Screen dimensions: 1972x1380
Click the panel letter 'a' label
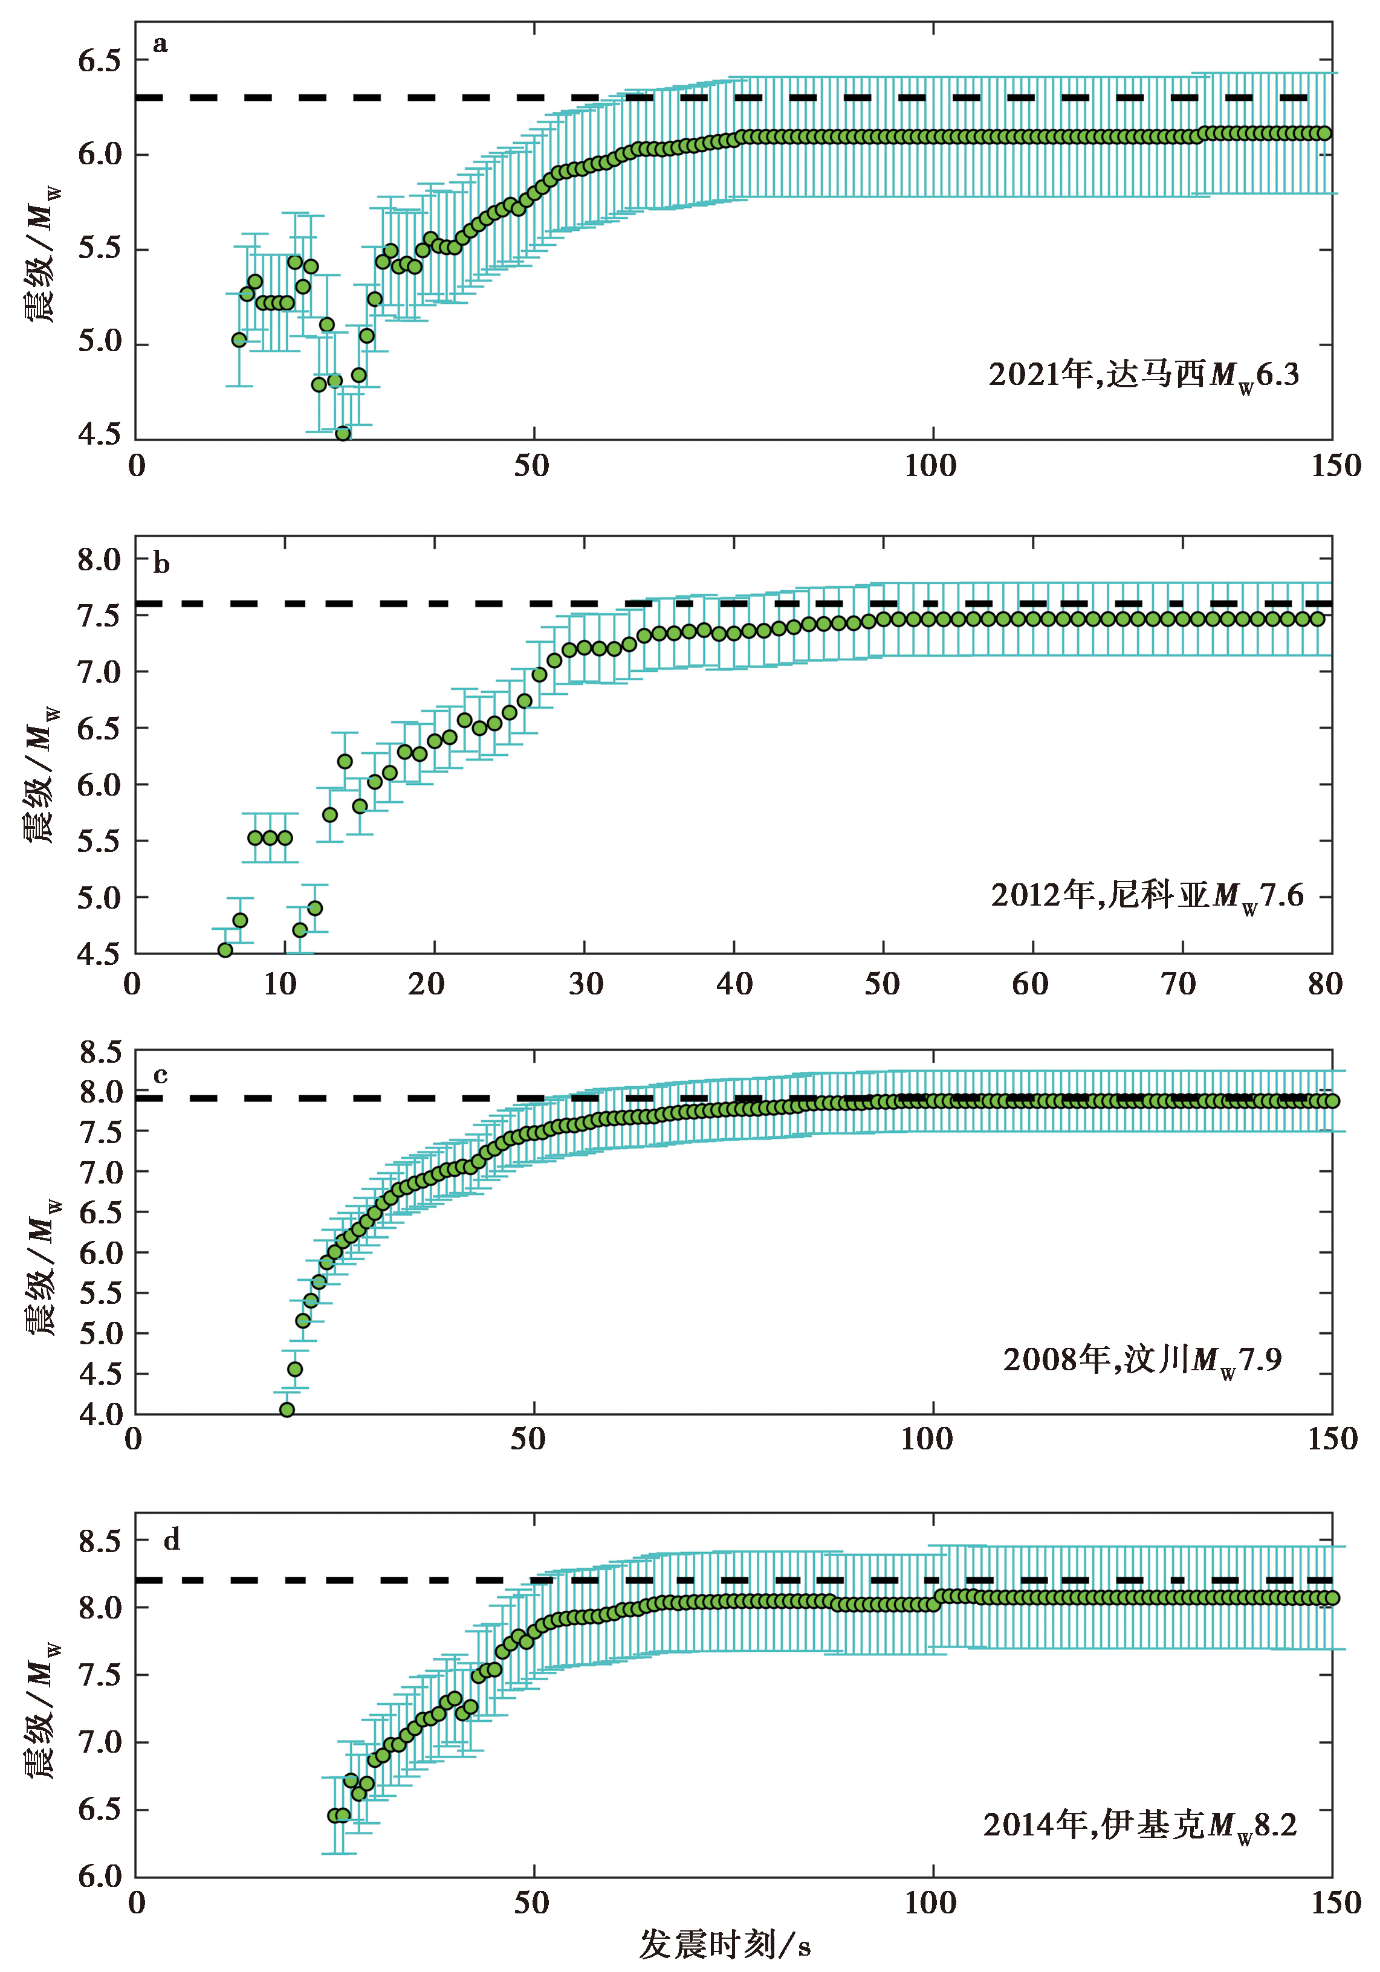coord(160,45)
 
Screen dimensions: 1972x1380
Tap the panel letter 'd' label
coord(172,1540)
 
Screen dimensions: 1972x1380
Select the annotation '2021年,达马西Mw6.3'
coord(1143,375)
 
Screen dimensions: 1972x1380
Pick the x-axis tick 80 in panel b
coord(1325,984)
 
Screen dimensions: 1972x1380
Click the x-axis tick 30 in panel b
coord(585,984)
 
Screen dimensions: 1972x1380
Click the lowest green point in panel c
coord(287,1410)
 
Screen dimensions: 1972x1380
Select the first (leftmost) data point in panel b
coord(225,950)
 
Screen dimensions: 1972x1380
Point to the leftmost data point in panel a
coord(239,340)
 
